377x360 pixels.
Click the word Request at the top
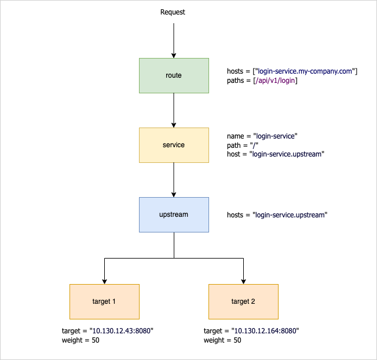[x=173, y=12]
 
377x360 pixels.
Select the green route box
[x=174, y=75]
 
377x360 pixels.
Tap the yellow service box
[x=174, y=145]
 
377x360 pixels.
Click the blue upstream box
[x=174, y=214]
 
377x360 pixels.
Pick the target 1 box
[x=104, y=301]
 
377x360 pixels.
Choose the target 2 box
[x=243, y=301]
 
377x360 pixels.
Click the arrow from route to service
[x=174, y=110]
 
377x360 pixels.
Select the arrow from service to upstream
[x=174, y=180]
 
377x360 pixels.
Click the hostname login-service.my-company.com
[x=300, y=71]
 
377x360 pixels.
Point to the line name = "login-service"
[x=262, y=136]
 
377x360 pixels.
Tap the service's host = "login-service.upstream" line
[x=275, y=155]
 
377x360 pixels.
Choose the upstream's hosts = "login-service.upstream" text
[x=277, y=215]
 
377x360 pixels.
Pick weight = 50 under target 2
[x=222, y=340]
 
